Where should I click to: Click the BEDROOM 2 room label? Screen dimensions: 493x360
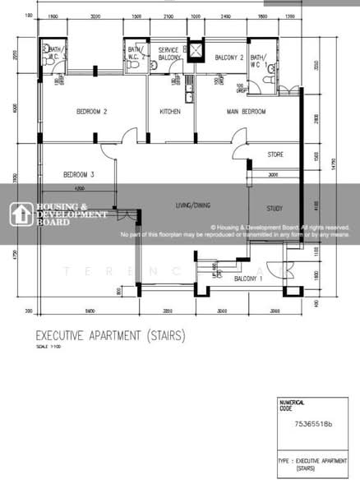pyautogui.click(x=92, y=112)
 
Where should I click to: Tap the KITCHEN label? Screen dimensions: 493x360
pyautogui.click(x=169, y=112)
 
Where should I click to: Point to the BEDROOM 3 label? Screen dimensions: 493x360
pyautogui.click(x=80, y=174)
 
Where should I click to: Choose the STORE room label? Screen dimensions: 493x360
pyautogui.click(x=276, y=154)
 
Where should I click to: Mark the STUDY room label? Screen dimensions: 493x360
pyautogui.click(x=275, y=209)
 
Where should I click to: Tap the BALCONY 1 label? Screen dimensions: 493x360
pyautogui.click(x=248, y=279)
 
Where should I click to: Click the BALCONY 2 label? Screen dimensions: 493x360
pyautogui.click(x=228, y=58)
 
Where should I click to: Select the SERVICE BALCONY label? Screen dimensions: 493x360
pyautogui.click(x=169, y=54)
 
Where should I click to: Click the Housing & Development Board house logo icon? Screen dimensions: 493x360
pyautogui.click(x=20, y=213)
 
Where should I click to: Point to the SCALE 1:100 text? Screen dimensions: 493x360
pyautogui.click(x=48, y=347)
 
